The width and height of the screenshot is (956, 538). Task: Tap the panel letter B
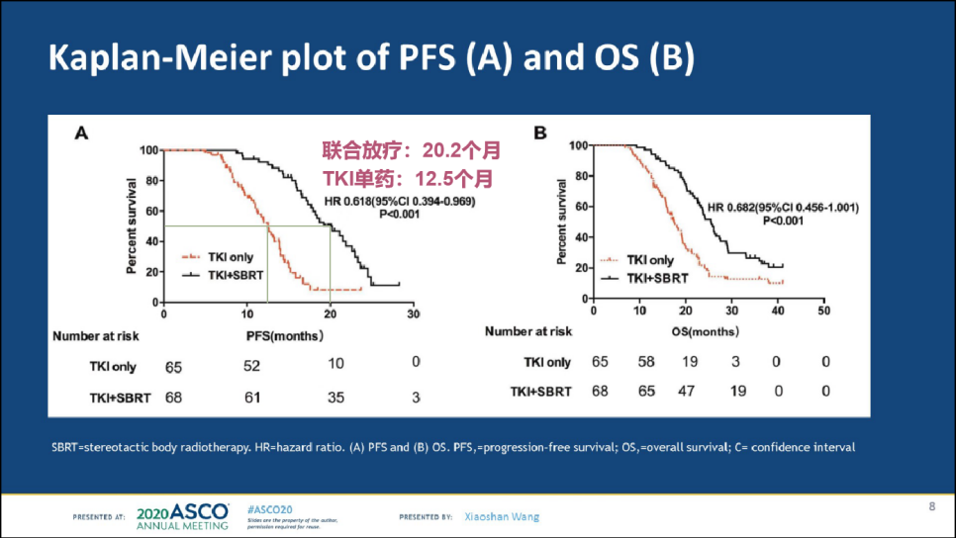(539, 132)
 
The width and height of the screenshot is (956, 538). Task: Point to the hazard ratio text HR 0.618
(400, 203)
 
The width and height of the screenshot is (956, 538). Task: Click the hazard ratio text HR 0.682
(781, 208)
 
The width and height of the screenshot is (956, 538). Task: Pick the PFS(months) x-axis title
(284, 336)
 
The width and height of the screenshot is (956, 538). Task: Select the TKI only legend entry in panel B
(648, 261)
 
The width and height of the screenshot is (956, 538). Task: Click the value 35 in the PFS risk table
(335, 398)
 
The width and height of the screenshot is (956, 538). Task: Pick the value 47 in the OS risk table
(690, 391)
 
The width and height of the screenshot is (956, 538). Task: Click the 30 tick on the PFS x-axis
(415, 314)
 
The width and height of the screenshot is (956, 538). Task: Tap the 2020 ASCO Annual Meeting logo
(183, 516)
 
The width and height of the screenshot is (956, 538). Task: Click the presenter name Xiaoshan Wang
(503, 516)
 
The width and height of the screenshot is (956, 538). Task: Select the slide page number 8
(931, 508)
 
